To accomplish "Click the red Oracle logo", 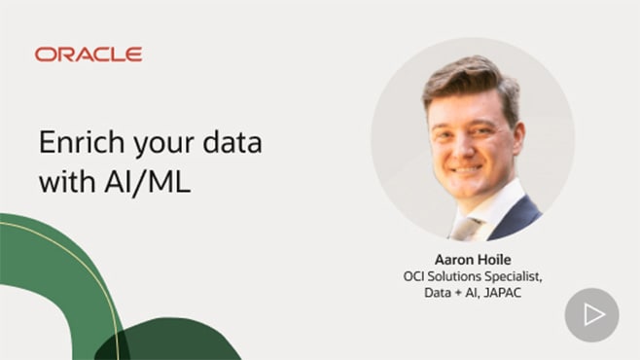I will click(x=89, y=54).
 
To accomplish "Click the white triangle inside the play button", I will click(x=593, y=315).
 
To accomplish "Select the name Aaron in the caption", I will click(x=442, y=261).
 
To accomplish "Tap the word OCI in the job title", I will click(x=415, y=277).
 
